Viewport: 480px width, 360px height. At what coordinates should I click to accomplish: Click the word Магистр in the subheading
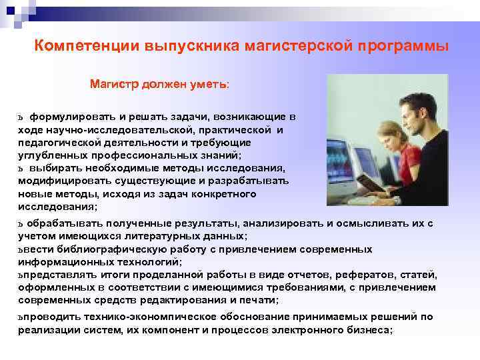tap(114, 85)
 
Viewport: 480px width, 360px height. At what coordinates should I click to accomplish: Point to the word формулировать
tap(70, 117)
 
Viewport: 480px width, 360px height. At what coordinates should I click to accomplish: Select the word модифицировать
tap(59, 181)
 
